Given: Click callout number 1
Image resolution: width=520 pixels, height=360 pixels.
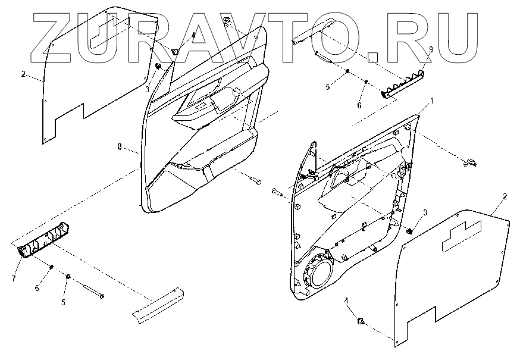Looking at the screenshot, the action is (433, 102).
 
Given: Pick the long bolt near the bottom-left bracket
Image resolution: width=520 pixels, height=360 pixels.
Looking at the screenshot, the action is (92, 291).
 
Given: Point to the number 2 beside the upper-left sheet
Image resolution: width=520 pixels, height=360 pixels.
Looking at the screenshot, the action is (23, 74).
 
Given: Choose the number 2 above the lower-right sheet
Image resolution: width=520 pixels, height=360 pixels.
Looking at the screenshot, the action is (505, 196).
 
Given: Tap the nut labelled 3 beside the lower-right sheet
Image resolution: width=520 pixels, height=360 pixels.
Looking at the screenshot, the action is (409, 230).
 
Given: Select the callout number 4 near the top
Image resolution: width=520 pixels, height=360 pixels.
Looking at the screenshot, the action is (193, 36).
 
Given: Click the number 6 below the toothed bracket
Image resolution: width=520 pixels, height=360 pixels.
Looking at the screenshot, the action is (359, 105).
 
